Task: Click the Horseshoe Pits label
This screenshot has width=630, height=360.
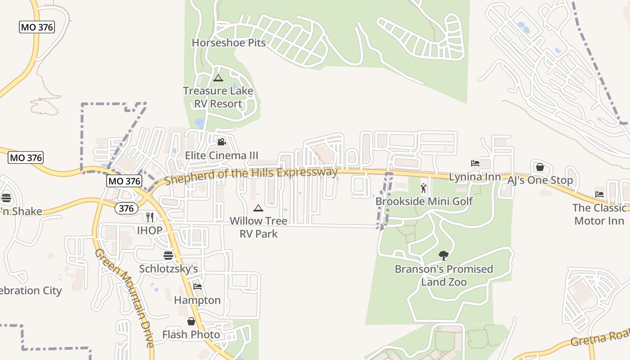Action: coord(229,43)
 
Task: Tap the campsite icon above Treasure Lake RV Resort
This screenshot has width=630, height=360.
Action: coord(218,78)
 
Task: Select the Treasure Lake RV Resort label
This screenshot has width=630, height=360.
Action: coord(218,97)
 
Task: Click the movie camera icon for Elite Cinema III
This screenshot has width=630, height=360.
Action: coord(221,142)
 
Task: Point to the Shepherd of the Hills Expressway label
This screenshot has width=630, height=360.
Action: coord(251,176)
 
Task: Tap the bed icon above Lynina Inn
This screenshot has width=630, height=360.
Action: coord(475,163)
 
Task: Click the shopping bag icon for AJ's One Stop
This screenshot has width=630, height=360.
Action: coord(540,167)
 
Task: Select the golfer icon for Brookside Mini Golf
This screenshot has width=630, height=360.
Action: coord(423,188)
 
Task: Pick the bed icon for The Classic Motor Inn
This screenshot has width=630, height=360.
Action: coord(599,194)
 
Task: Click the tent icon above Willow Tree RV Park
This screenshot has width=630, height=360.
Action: coord(258,208)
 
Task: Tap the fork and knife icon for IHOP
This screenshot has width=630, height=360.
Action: coord(150,217)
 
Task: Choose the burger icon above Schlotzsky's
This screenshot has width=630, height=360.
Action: coord(168,256)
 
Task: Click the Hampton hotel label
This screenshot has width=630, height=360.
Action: coord(197,300)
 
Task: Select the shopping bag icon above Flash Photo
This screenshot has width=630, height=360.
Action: coord(191,321)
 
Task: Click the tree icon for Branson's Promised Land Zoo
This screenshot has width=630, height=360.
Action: coord(444,256)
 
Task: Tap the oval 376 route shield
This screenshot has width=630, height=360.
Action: coord(126,208)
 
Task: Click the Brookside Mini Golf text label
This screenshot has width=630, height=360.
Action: coord(424,201)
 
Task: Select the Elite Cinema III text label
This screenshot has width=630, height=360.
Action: coord(221,156)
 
